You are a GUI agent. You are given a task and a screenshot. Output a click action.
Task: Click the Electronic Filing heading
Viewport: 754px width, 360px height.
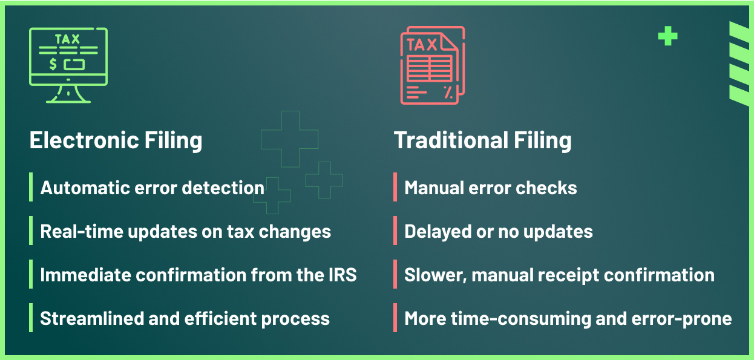[116, 140]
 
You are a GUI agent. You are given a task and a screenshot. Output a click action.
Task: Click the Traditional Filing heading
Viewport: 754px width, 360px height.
[482, 140]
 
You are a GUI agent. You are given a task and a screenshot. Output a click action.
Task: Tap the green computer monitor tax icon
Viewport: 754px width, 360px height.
[68, 65]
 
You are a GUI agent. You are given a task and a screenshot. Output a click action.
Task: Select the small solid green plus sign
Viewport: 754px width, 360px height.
[667, 37]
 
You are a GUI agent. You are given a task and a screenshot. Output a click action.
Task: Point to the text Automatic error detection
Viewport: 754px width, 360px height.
[152, 188]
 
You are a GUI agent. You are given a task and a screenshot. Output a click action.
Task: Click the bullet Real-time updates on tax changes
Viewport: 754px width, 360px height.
[185, 231]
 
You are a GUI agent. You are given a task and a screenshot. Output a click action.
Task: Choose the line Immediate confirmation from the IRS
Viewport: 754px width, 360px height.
[198, 275]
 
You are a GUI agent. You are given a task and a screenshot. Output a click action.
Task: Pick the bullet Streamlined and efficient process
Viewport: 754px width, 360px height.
[185, 318]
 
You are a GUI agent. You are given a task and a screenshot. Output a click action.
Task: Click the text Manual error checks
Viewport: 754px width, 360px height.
[490, 188]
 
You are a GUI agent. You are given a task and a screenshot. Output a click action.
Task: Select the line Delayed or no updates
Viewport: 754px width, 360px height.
[498, 231]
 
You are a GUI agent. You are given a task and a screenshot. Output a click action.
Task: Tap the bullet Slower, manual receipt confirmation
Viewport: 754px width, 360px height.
[559, 275]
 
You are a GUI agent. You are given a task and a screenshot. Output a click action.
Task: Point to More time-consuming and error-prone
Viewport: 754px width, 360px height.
[568, 318]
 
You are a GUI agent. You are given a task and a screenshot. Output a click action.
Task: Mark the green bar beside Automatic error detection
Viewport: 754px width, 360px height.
[31, 187]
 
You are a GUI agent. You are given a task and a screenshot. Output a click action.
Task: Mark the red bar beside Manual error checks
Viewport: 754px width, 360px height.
[395, 187]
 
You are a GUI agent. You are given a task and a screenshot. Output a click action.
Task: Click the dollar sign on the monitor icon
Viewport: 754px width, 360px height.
[53, 64]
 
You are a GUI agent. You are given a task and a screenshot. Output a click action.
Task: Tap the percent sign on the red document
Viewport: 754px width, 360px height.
[448, 92]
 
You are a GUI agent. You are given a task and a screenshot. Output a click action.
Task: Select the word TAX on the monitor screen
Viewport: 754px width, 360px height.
[67, 39]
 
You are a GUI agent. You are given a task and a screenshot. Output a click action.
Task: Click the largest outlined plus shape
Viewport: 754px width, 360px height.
[289, 139]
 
